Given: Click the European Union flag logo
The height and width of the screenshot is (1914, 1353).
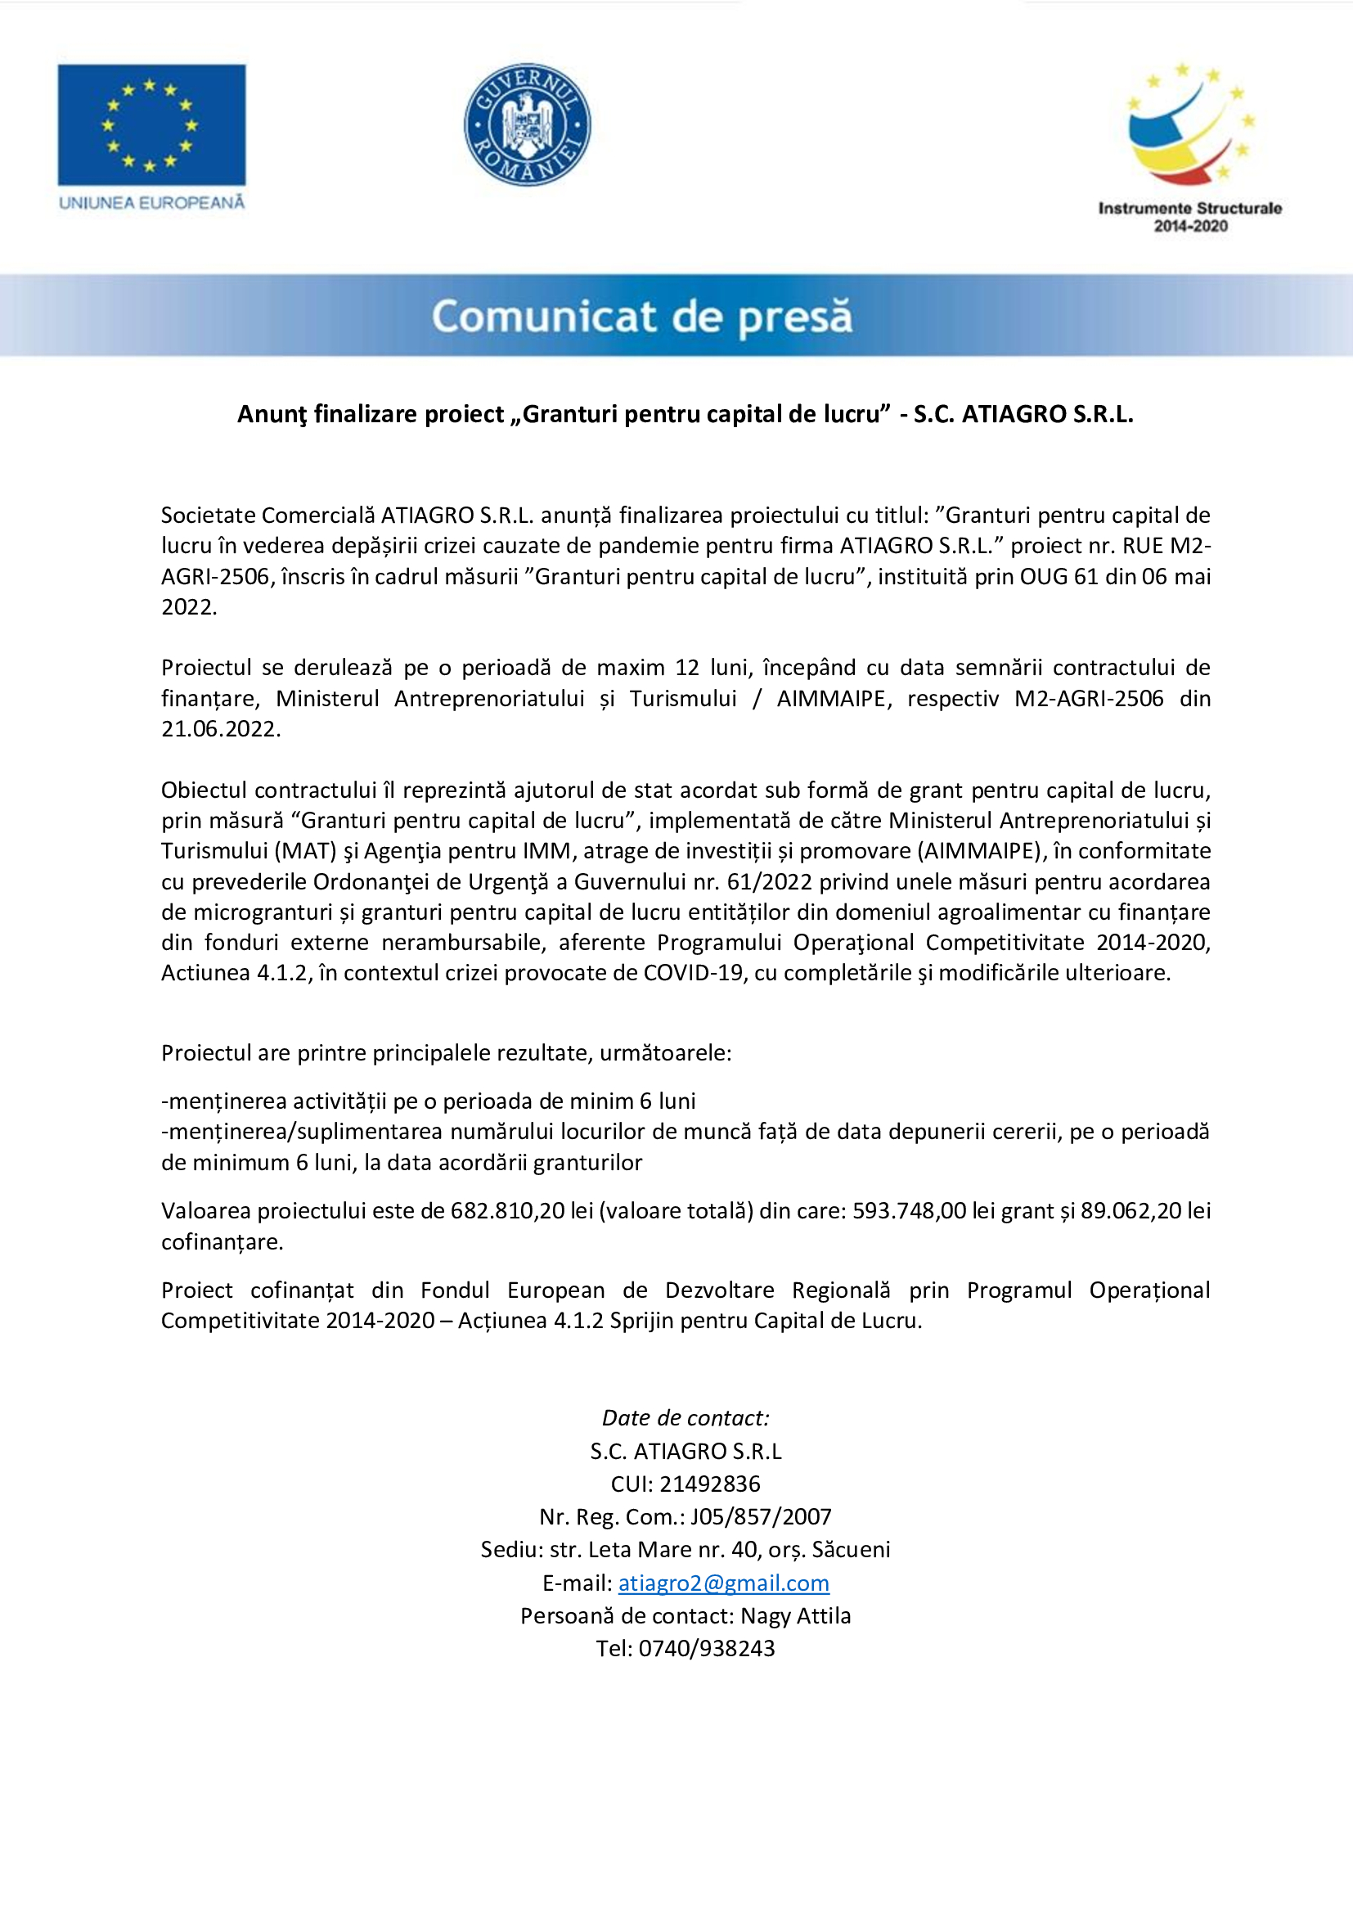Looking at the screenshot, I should click(x=151, y=124).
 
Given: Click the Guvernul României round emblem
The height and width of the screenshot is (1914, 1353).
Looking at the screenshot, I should click(x=527, y=124).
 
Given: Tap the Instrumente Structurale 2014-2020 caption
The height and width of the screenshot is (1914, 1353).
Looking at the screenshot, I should click(x=1189, y=217).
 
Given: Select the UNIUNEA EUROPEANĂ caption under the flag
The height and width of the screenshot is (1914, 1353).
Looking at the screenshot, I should click(x=151, y=203).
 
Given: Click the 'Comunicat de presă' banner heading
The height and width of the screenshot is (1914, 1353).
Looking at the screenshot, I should click(x=641, y=316).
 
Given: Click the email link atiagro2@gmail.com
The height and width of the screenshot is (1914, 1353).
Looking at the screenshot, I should click(x=723, y=1583).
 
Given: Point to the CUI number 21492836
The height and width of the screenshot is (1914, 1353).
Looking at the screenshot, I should click(x=710, y=1484).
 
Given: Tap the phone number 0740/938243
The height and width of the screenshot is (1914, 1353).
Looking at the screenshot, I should click(x=707, y=1648).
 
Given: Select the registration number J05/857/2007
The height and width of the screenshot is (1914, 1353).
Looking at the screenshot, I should click(x=761, y=1516).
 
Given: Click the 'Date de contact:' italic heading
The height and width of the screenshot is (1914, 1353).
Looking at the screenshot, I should click(x=685, y=1418).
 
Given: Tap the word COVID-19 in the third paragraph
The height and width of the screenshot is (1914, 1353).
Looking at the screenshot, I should click(x=693, y=973).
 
